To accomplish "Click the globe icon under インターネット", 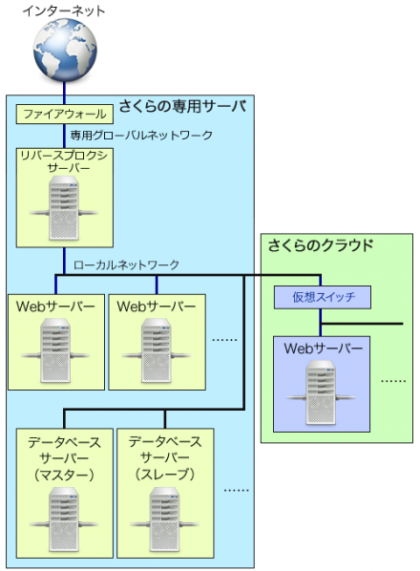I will click(63, 52).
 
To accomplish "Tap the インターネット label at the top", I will click(64, 11).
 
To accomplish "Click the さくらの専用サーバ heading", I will click(182, 106).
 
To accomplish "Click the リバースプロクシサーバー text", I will click(63, 160).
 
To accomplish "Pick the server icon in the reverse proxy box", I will click(63, 205).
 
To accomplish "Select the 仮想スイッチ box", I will click(322, 298).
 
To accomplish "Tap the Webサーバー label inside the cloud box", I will click(323, 349).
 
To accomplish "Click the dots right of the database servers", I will click(236, 488).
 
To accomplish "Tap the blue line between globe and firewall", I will click(63, 92).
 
